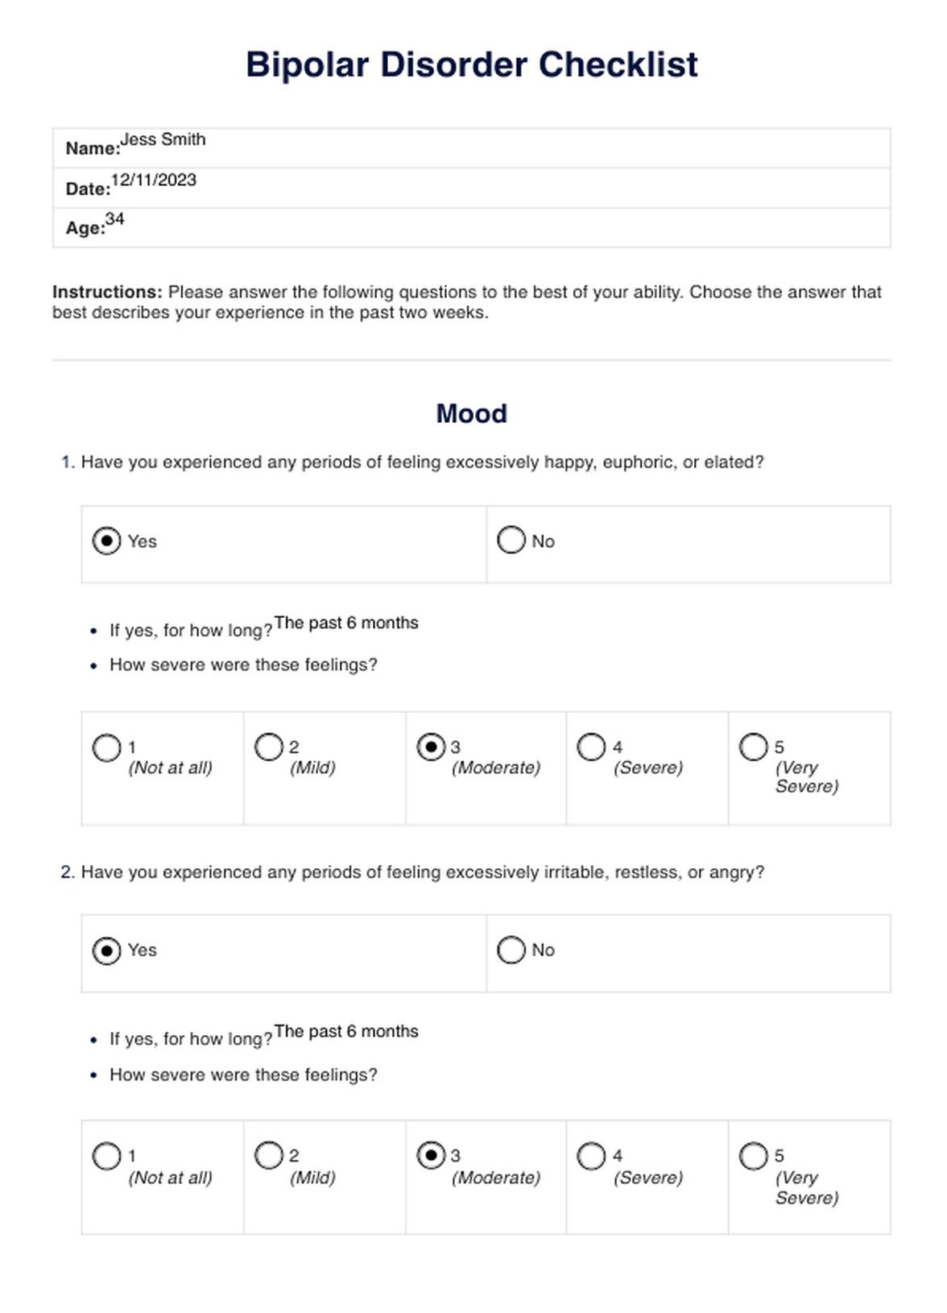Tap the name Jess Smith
(x=163, y=139)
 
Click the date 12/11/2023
(x=154, y=180)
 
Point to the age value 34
(x=115, y=219)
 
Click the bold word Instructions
(x=107, y=292)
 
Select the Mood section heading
(x=471, y=413)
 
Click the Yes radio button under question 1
(x=106, y=541)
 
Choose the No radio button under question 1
(x=511, y=540)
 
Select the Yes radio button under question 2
(x=106, y=951)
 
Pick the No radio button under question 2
(x=511, y=950)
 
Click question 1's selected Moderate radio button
(x=431, y=747)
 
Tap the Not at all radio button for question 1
(x=106, y=748)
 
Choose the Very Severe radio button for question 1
(x=754, y=747)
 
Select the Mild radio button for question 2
(x=268, y=1156)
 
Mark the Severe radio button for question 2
(x=591, y=1156)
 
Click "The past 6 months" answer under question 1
(x=346, y=623)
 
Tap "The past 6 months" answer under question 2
(x=346, y=1031)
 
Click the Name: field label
(x=93, y=148)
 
